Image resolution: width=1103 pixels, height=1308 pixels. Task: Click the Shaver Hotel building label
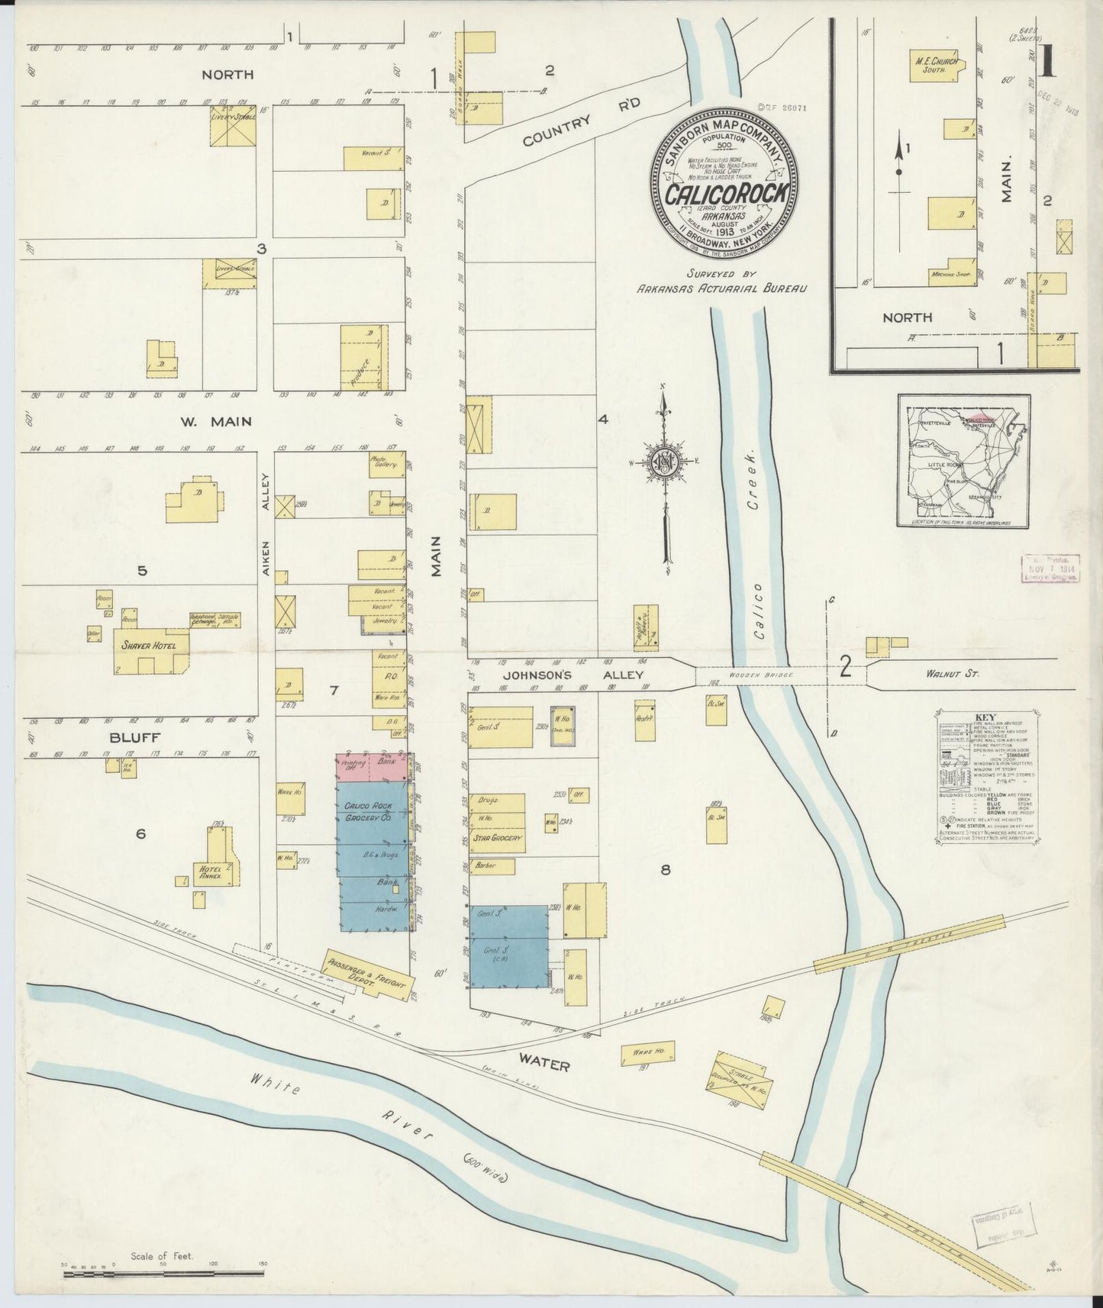tap(149, 646)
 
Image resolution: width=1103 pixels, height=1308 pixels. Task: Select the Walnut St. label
tap(949, 674)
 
